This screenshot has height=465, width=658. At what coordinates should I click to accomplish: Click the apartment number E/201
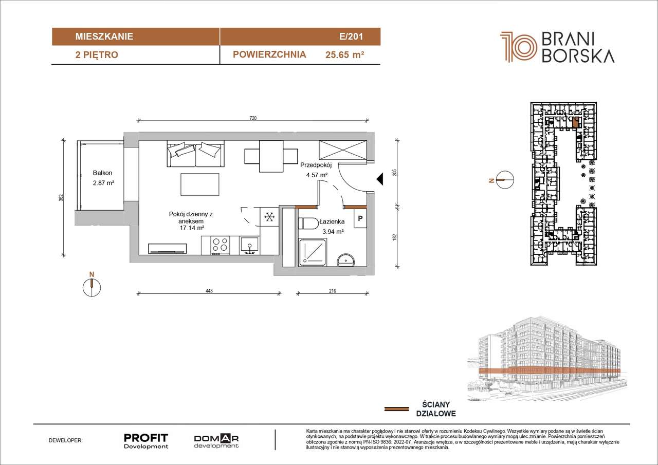coord(351,36)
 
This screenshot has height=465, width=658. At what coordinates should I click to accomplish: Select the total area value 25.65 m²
coord(345,54)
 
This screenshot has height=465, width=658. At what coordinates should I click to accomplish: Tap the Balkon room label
coord(102,173)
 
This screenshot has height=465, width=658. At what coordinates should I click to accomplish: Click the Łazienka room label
coord(332,221)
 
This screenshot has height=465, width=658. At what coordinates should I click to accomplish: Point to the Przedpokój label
coord(316,165)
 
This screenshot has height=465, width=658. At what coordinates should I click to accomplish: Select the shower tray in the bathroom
coord(313,253)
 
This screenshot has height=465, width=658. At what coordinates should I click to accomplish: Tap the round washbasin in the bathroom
coord(346,260)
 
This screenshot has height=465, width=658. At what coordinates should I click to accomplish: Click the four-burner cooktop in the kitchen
coord(220,245)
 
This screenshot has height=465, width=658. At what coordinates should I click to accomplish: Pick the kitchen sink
coord(249,246)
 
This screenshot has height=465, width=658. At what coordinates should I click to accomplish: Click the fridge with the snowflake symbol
coord(269,217)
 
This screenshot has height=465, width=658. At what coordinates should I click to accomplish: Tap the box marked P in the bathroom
coord(360,218)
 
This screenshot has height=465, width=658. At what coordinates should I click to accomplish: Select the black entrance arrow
coord(380,179)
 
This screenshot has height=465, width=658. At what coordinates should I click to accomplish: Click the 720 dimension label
coord(253,118)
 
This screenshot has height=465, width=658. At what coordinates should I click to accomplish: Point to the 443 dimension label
coord(209,291)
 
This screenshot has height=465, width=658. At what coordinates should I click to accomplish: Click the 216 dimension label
coord(332,291)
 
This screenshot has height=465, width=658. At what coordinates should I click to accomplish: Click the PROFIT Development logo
coord(146,441)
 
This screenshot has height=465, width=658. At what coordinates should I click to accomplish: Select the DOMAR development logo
coord(216,441)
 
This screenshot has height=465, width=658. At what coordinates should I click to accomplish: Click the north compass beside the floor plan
coord(92,287)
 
